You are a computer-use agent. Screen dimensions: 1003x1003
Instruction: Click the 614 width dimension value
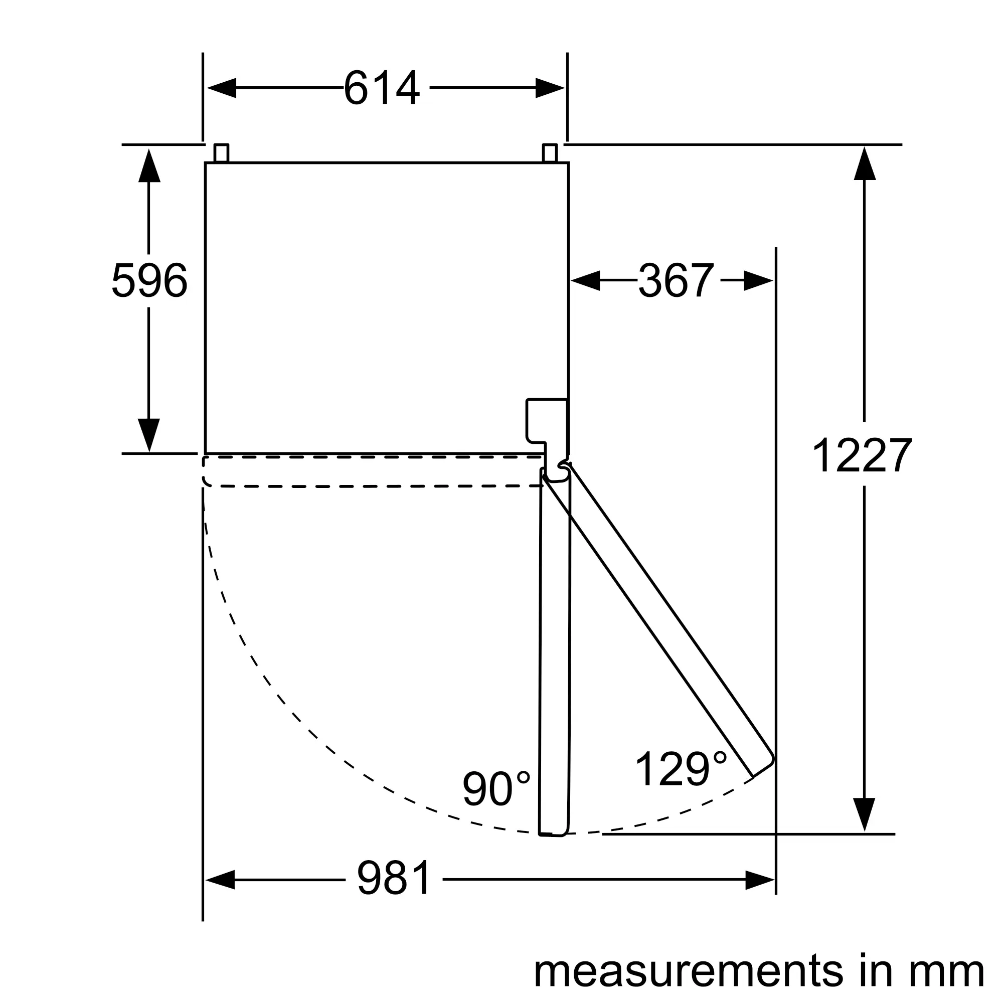pos(382,88)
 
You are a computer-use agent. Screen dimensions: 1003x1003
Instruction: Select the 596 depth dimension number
pos(149,280)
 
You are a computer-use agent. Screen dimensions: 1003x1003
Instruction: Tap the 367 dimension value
pos(676,280)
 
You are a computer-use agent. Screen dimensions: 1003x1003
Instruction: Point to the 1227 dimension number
pos(861,454)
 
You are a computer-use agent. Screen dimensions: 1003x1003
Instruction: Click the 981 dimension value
pos(394,878)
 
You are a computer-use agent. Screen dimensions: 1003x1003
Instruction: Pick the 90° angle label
pos(496,788)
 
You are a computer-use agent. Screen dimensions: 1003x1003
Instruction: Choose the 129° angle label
pos(681,769)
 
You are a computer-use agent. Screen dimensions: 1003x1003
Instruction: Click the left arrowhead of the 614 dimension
pos(222,88)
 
